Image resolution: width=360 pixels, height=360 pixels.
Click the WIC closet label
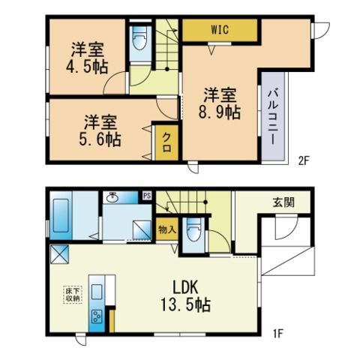point(220,30)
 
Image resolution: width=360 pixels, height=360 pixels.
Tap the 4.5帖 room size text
point(87,67)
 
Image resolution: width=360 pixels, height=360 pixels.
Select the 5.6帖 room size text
point(100,139)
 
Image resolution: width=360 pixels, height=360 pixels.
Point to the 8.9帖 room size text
point(220,112)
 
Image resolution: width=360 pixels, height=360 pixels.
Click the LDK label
point(186,287)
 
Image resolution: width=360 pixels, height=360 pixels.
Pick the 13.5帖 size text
point(185,304)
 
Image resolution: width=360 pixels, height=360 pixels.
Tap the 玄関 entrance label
point(283,202)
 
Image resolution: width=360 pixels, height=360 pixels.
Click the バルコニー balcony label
point(273,117)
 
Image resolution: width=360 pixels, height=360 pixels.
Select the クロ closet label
point(166,142)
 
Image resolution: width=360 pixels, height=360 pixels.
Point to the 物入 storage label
point(166,229)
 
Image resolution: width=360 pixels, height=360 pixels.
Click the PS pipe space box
point(147,196)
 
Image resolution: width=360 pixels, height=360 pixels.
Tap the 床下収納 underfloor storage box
point(73,295)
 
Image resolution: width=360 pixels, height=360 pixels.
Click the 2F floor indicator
point(304,160)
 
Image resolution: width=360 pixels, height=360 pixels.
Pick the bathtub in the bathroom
point(61,215)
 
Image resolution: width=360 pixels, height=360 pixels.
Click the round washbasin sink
point(112,197)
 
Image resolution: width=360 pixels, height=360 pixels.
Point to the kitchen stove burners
point(97,316)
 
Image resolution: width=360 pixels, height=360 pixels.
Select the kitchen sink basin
point(97,292)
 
